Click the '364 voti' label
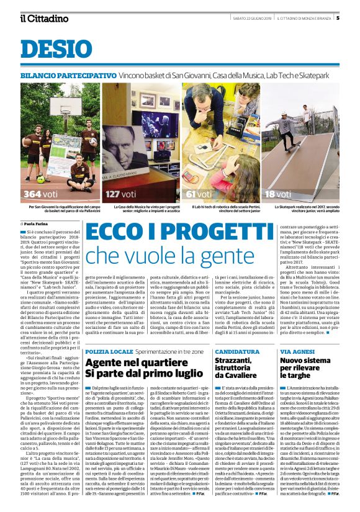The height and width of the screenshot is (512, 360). click(x=42, y=194)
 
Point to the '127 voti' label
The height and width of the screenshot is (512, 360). click(x=122, y=194)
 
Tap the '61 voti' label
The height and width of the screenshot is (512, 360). click(x=199, y=194)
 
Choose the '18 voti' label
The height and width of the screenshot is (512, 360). click(x=280, y=194)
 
